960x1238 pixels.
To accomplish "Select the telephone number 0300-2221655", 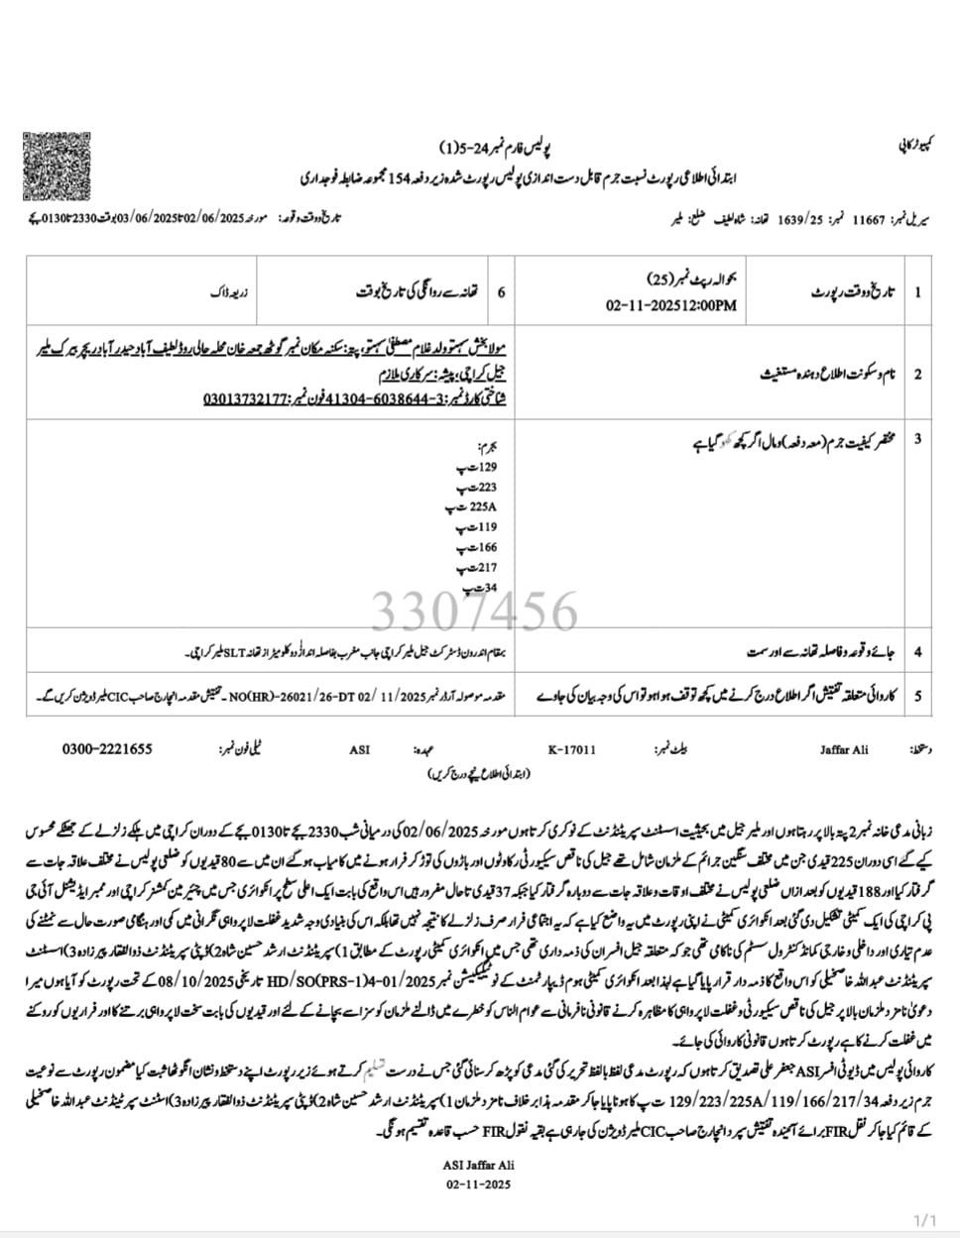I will point(107,749).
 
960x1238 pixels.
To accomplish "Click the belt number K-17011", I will point(572,750).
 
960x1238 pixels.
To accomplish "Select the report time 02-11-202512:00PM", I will point(671,305).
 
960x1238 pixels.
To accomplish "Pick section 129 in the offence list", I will point(485,466).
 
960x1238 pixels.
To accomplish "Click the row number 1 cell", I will point(918,292).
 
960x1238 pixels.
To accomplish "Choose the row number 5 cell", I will point(918,697).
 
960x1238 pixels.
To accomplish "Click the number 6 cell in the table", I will point(501,292).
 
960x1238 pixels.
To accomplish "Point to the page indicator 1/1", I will point(924,1218).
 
